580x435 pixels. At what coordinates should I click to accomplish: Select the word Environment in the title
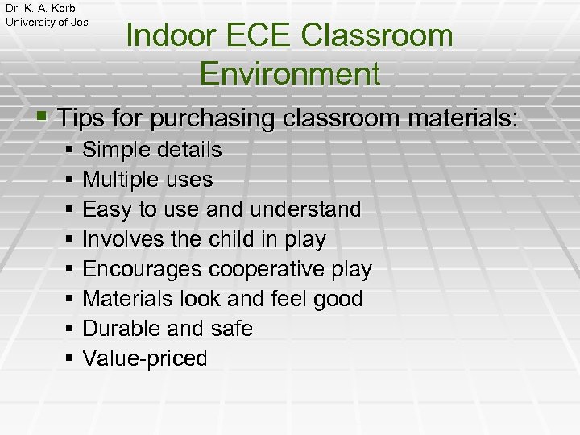289,73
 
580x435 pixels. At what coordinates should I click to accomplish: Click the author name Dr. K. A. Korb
40,8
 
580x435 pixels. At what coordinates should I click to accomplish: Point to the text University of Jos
47,22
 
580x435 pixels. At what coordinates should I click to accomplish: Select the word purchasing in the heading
213,118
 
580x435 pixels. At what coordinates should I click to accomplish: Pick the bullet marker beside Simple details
71,151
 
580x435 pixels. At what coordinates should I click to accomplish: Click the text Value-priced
145,358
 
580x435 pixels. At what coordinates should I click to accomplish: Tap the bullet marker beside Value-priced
71,359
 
